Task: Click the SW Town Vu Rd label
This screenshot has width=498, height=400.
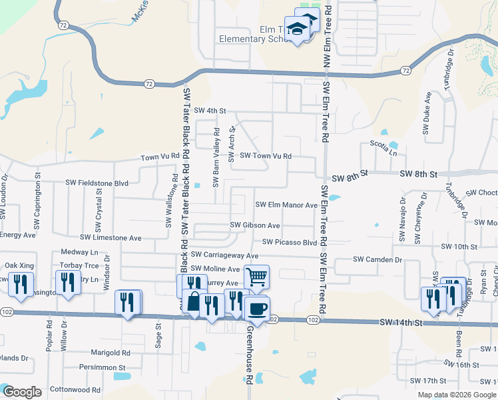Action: click(x=266, y=156)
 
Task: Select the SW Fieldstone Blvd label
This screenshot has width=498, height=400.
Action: click(x=97, y=182)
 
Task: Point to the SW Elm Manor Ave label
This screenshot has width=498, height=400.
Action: click(x=287, y=205)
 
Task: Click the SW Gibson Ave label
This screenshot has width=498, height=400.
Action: click(x=255, y=225)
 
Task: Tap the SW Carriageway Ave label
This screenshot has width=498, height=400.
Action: click(x=224, y=255)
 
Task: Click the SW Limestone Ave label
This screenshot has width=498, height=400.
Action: click(x=111, y=237)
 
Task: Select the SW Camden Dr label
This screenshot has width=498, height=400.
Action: click(x=377, y=259)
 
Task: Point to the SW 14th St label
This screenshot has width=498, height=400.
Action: click(x=401, y=323)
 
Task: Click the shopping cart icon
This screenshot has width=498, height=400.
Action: click(x=256, y=276)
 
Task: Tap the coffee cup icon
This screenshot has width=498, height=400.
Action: click(x=256, y=308)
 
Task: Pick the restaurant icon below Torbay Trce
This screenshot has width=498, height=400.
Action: click(x=68, y=283)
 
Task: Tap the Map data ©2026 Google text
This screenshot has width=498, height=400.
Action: click(x=457, y=395)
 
